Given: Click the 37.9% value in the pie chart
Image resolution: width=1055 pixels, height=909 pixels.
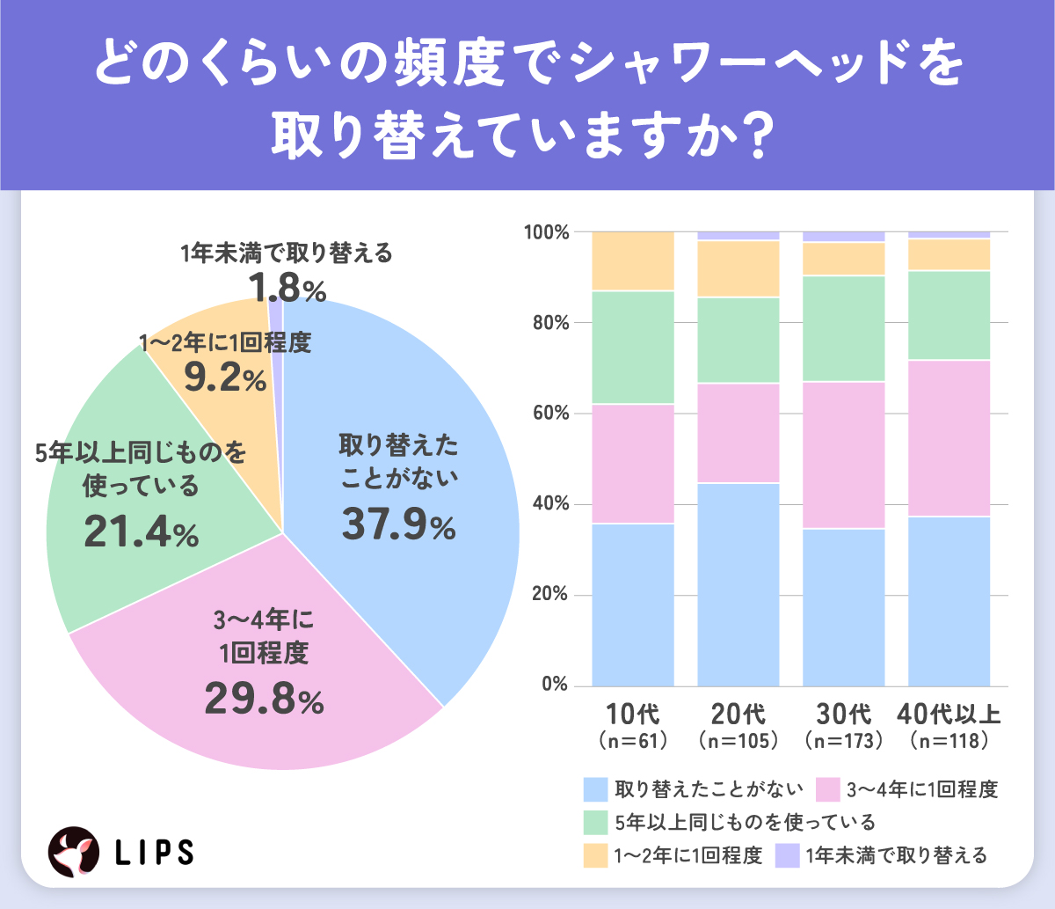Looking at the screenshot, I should point(398,525).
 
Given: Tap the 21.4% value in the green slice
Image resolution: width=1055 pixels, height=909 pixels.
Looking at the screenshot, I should point(141,533).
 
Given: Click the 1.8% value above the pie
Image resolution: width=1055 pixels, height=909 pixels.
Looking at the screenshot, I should point(287,288).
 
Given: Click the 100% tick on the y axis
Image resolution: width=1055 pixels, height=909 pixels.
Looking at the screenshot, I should point(547,232).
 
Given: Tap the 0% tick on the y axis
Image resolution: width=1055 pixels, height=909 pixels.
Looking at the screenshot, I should point(555,685).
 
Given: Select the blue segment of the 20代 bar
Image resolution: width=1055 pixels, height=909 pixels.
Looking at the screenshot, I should point(738,584).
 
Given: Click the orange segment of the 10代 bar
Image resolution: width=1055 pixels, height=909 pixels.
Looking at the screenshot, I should point(633,260).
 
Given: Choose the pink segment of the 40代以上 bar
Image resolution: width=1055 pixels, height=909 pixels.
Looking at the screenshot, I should point(949,438).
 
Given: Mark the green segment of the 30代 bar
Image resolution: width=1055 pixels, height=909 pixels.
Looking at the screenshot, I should point(844,328).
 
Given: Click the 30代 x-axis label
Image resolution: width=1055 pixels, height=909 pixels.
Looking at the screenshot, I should point(844,714).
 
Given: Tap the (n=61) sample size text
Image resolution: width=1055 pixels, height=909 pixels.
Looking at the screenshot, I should point(633,741).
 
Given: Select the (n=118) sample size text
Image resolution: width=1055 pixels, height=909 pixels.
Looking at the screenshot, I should point(949,741).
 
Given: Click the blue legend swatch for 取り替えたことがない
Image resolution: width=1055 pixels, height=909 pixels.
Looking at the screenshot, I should point(595,788).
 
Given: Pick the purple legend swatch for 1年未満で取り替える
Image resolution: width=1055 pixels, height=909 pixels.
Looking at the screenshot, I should point(788,855).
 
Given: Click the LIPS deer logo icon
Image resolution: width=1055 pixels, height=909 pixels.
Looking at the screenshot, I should point(73,851).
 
